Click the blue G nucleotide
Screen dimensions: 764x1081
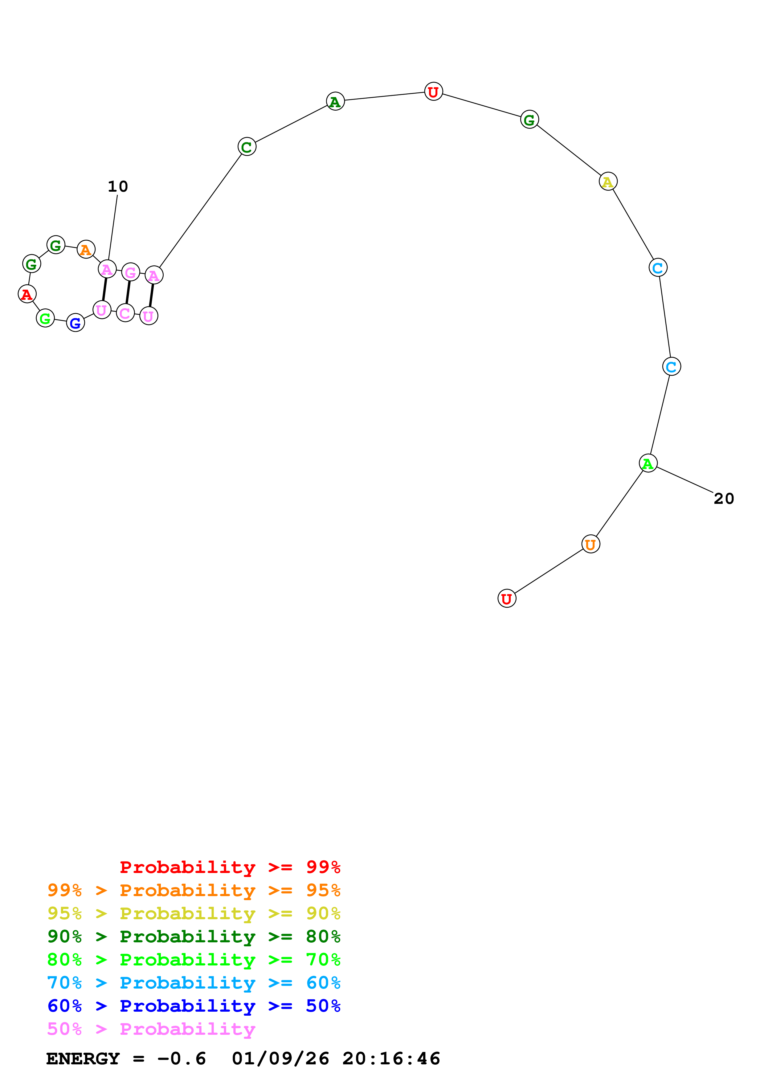[75, 323]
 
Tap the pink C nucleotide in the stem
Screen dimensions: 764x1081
[125, 313]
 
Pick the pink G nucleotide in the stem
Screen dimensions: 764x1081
[130, 272]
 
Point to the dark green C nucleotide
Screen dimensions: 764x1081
[247, 147]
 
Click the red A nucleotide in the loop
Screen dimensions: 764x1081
[27, 294]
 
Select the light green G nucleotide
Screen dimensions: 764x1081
[45, 318]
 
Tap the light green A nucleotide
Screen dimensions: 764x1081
[648, 463]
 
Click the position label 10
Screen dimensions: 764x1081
[118, 187]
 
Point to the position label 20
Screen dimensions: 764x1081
[724, 499]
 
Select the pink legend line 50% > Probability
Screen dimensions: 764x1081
[151, 1029]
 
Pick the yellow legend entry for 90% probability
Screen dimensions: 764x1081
[194, 913]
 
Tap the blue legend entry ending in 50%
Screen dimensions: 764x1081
[194, 1006]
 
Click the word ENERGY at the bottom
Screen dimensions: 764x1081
[83, 1059]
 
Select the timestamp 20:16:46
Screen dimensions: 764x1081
[391, 1059]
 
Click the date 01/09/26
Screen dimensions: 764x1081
[280, 1059]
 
